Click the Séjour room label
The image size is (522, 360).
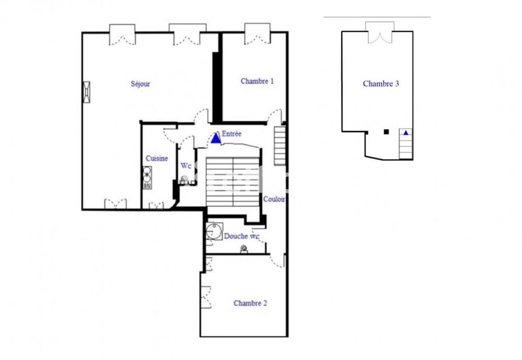point(140,84)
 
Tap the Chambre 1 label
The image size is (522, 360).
point(257,81)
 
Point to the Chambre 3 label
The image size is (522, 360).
point(381,84)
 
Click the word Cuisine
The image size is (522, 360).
point(157,158)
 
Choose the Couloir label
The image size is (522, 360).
point(275,199)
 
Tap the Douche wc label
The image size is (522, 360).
point(242,236)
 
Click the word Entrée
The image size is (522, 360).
point(232,134)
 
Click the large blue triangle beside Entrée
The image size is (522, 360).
point(216,138)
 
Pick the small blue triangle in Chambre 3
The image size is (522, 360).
point(406,133)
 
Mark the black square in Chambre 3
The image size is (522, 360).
point(386,132)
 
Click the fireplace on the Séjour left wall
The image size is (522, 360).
point(86,91)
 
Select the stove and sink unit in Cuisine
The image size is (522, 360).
point(147,177)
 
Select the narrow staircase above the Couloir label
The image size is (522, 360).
point(280,146)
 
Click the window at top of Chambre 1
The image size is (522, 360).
point(257,34)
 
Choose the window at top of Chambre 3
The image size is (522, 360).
point(379,33)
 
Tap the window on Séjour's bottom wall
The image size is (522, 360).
point(115,204)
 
